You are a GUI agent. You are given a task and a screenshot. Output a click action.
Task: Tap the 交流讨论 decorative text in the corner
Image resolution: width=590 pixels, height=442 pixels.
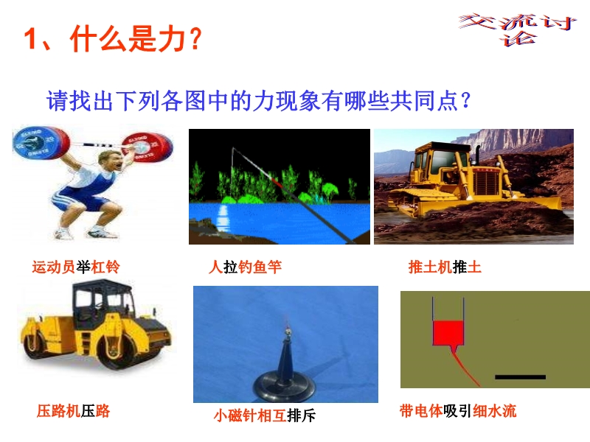pyautogui.click(x=518, y=29)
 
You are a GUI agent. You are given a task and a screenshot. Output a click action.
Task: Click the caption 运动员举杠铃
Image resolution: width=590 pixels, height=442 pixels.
pyautogui.click(x=76, y=267)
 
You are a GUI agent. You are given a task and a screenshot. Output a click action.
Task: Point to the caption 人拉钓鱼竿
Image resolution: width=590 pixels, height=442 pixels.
pyautogui.click(x=245, y=267)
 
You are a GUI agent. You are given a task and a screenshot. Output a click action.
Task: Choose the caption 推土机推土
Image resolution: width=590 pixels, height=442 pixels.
pyautogui.click(x=445, y=267)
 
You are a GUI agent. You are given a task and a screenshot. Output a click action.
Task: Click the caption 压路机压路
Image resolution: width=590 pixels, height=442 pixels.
pyautogui.click(x=73, y=411)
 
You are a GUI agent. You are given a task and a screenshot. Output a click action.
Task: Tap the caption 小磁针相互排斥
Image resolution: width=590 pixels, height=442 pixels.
pyautogui.click(x=265, y=415)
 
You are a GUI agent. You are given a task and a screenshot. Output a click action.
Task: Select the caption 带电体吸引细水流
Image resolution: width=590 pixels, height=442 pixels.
pyautogui.click(x=458, y=411)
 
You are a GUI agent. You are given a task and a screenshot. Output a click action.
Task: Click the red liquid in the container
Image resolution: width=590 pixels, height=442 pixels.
pyautogui.click(x=448, y=333)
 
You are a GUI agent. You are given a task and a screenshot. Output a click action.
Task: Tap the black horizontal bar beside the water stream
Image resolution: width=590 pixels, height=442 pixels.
pyautogui.click(x=520, y=377)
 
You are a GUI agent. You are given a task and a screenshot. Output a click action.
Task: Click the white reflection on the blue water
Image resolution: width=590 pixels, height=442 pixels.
pyautogui.click(x=223, y=218)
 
